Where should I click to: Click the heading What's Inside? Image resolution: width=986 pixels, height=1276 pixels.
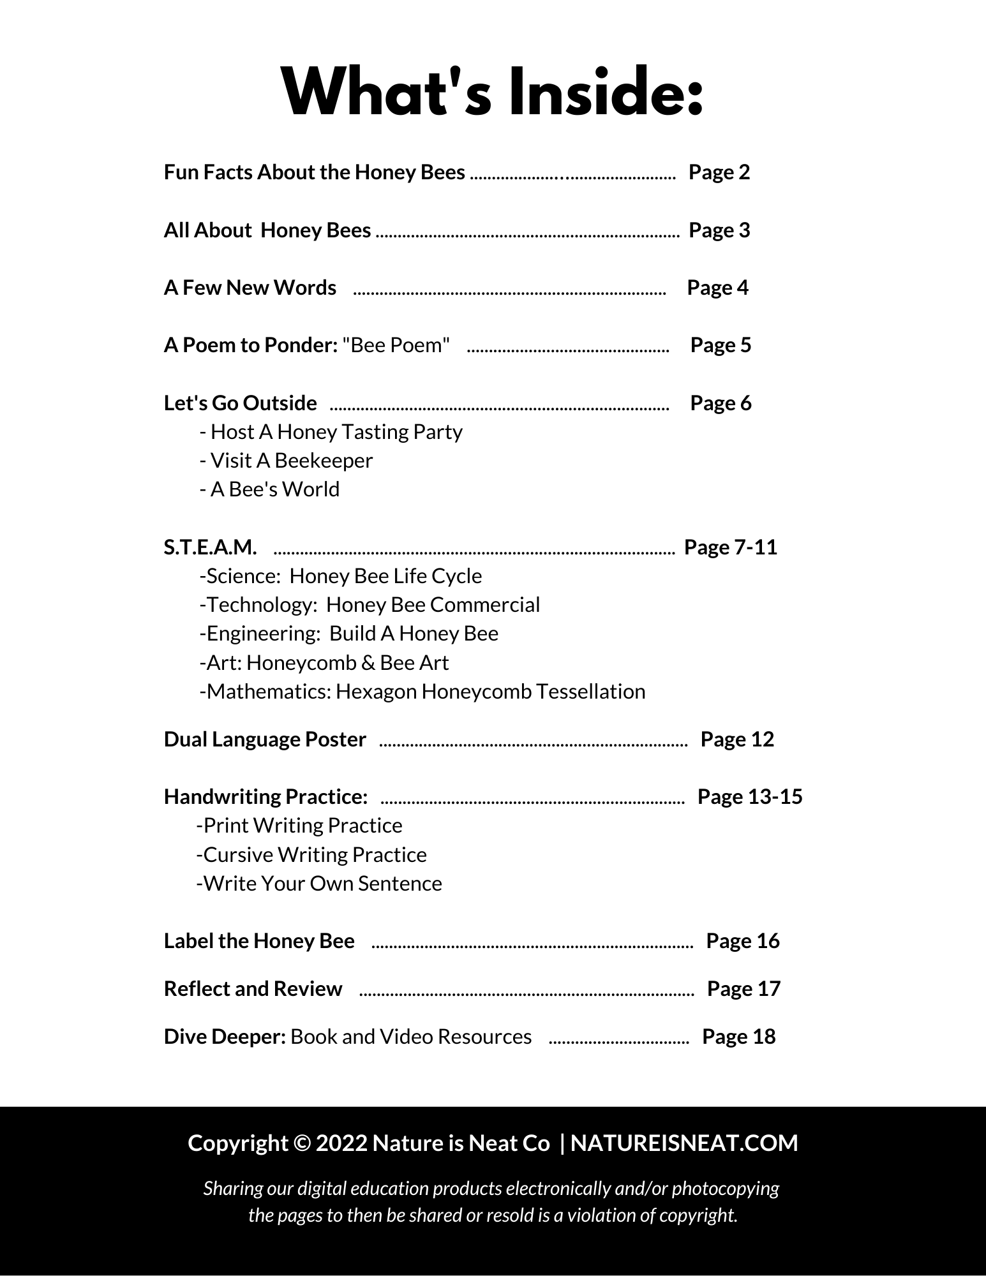[492, 94]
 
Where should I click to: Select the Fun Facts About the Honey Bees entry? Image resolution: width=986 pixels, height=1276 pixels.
[314, 172]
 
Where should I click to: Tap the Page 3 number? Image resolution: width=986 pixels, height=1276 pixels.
[719, 230]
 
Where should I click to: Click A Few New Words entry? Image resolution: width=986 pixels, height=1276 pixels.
[250, 288]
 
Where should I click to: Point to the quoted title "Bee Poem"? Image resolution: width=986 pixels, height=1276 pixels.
[396, 345]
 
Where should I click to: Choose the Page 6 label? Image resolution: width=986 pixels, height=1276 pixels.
[721, 403]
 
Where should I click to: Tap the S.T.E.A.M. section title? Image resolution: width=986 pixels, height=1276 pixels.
[210, 547]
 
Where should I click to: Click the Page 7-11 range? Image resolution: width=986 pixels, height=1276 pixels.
[731, 547]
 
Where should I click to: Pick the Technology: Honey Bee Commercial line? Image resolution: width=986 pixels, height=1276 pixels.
[370, 605]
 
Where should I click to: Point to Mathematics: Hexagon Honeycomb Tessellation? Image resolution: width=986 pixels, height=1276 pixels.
[422, 692]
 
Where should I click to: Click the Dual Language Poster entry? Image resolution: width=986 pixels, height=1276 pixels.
[265, 739]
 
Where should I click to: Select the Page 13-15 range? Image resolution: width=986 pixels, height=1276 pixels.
[750, 797]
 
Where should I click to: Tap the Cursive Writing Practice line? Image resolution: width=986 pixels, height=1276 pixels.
[311, 855]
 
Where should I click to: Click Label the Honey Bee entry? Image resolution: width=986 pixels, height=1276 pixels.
[259, 941]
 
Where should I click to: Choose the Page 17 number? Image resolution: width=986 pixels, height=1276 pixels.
[743, 989]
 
